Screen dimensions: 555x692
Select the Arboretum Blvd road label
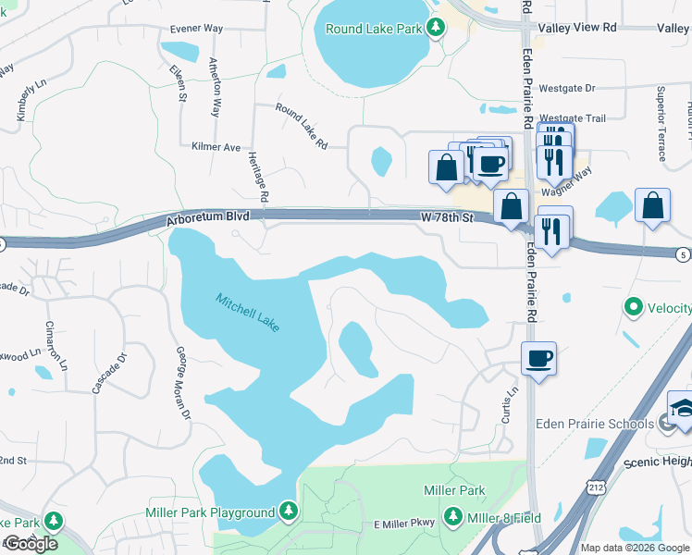tap(209, 220)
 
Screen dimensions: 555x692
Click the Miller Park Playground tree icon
tap(289, 511)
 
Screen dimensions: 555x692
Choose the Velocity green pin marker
tap(634, 306)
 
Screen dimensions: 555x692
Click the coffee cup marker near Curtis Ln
tap(538, 358)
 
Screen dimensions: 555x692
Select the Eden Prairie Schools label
tap(595, 424)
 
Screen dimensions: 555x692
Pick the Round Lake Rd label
tap(302, 126)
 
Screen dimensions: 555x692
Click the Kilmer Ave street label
tap(216, 147)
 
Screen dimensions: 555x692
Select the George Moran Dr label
tap(182, 383)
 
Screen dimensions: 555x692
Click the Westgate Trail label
tap(573, 118)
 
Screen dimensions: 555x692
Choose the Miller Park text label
tap(454, 489)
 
